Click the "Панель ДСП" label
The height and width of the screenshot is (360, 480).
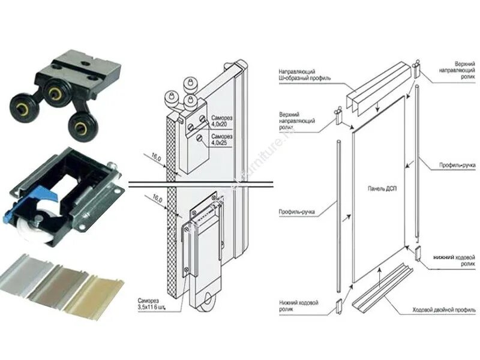coord(376,188)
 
